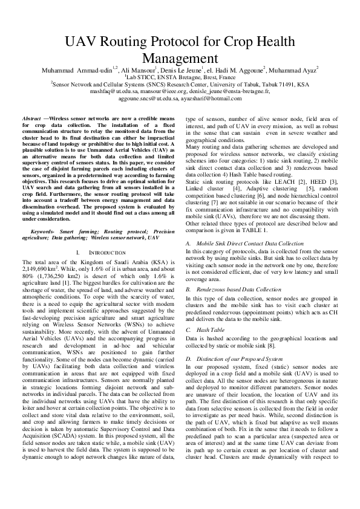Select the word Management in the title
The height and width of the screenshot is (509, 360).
coord(179,58)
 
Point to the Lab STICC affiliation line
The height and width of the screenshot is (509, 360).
coord(180,77)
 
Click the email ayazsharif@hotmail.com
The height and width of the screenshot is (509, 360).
coord(211,97)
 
